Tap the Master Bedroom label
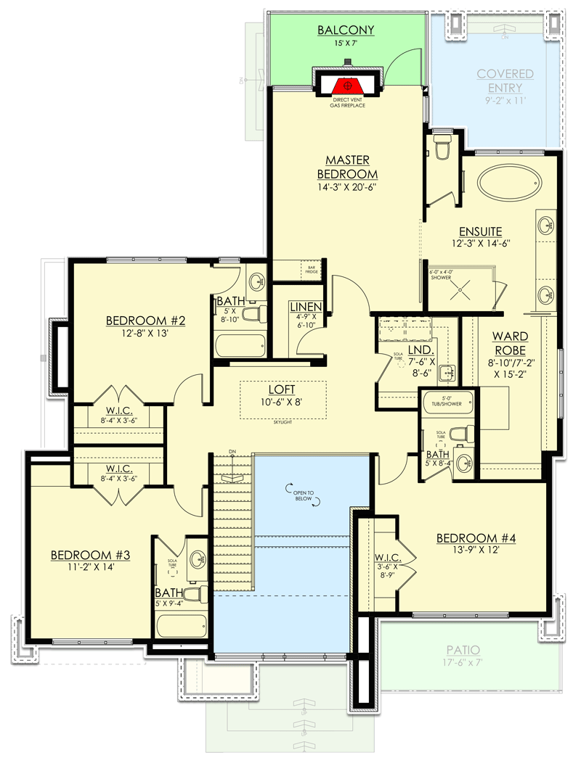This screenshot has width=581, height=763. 347,167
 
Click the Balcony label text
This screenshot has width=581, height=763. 346,30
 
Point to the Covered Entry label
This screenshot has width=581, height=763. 505,80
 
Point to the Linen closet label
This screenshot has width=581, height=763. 306,308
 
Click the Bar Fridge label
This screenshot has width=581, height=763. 312,270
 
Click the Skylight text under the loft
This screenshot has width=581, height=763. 283,421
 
